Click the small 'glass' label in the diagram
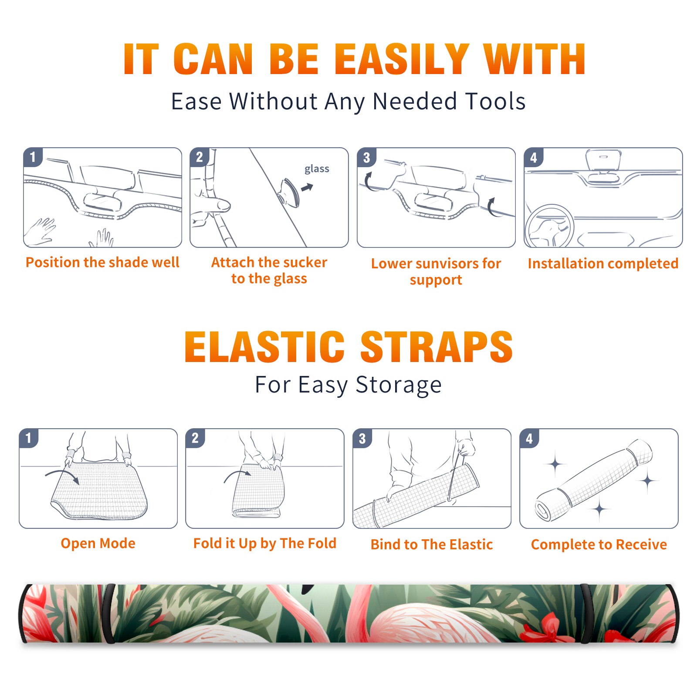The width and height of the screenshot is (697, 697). click(317, 169)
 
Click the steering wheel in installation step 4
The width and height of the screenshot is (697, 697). click(549, 226)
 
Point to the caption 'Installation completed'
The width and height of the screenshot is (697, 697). click(603, 263)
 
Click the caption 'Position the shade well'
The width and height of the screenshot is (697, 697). click(102, 262)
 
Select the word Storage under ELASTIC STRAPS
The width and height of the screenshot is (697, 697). click(399, 385)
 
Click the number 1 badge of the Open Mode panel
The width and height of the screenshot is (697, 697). click(29, 438)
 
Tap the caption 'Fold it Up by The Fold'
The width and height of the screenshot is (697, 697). click(265, 543)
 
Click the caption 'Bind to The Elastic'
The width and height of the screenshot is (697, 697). click(432, 545)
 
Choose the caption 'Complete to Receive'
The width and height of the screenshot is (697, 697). click(599, 545)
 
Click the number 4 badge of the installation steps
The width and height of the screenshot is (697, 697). click(534, 157)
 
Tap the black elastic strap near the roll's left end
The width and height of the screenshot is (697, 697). click(109, 613)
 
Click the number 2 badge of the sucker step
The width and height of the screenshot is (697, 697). click(200, 157)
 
